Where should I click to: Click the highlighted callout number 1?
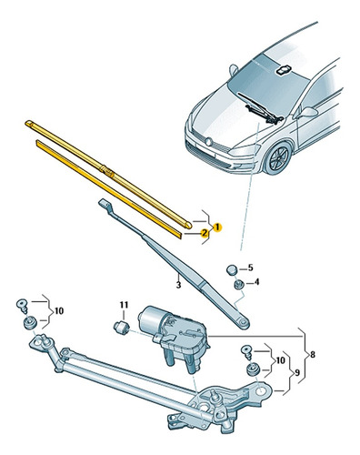[217, 227]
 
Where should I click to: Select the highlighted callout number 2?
[205, 233]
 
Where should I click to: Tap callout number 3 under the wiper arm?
[178, 285]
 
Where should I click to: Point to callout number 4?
[256, 282]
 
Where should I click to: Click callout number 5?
[250, 268]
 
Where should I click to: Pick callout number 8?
[313, 354]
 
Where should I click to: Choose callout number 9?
[297, 372]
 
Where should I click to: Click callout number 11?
[124, 305]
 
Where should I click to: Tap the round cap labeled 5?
[232, 269]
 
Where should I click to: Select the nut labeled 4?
[239, 284]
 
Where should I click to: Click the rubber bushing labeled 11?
[121, 328]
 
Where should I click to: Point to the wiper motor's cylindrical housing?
[151, 318]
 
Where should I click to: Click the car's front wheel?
[278, 158]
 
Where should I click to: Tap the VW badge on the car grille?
[208, 142]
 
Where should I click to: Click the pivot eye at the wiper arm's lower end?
[244, 324]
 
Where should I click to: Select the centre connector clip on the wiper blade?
[107, 170]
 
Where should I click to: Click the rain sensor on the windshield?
[283, 70]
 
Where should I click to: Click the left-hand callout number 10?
[59, 311]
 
